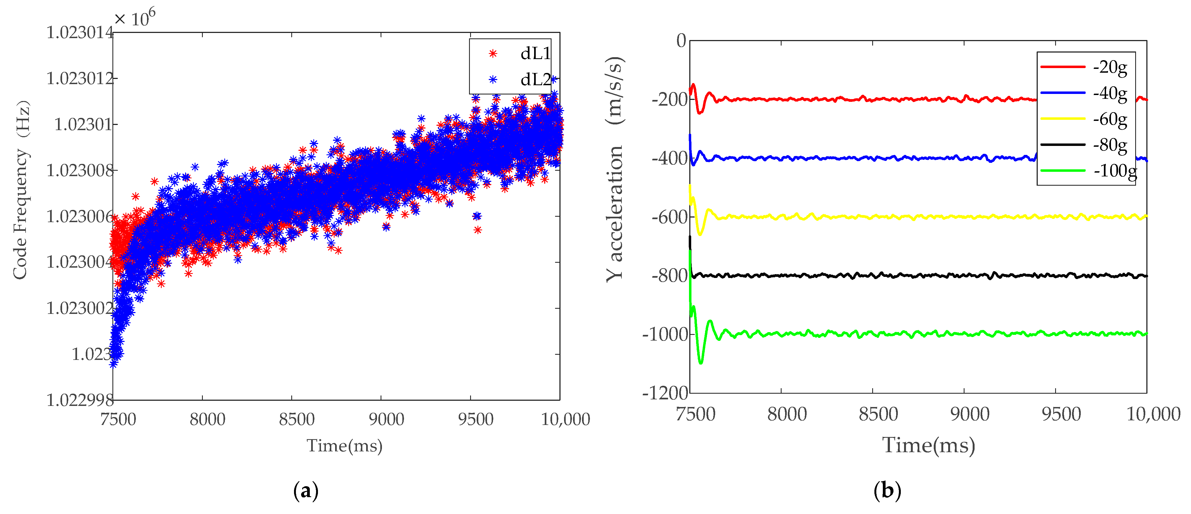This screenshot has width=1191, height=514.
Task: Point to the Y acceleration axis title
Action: (615, 169)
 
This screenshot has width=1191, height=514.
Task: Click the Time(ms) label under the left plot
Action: (344, 446)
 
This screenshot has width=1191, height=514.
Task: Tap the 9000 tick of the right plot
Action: (969, 414)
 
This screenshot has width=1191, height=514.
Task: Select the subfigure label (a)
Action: (306, 490)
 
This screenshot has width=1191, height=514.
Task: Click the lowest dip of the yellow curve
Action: (700, 234)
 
